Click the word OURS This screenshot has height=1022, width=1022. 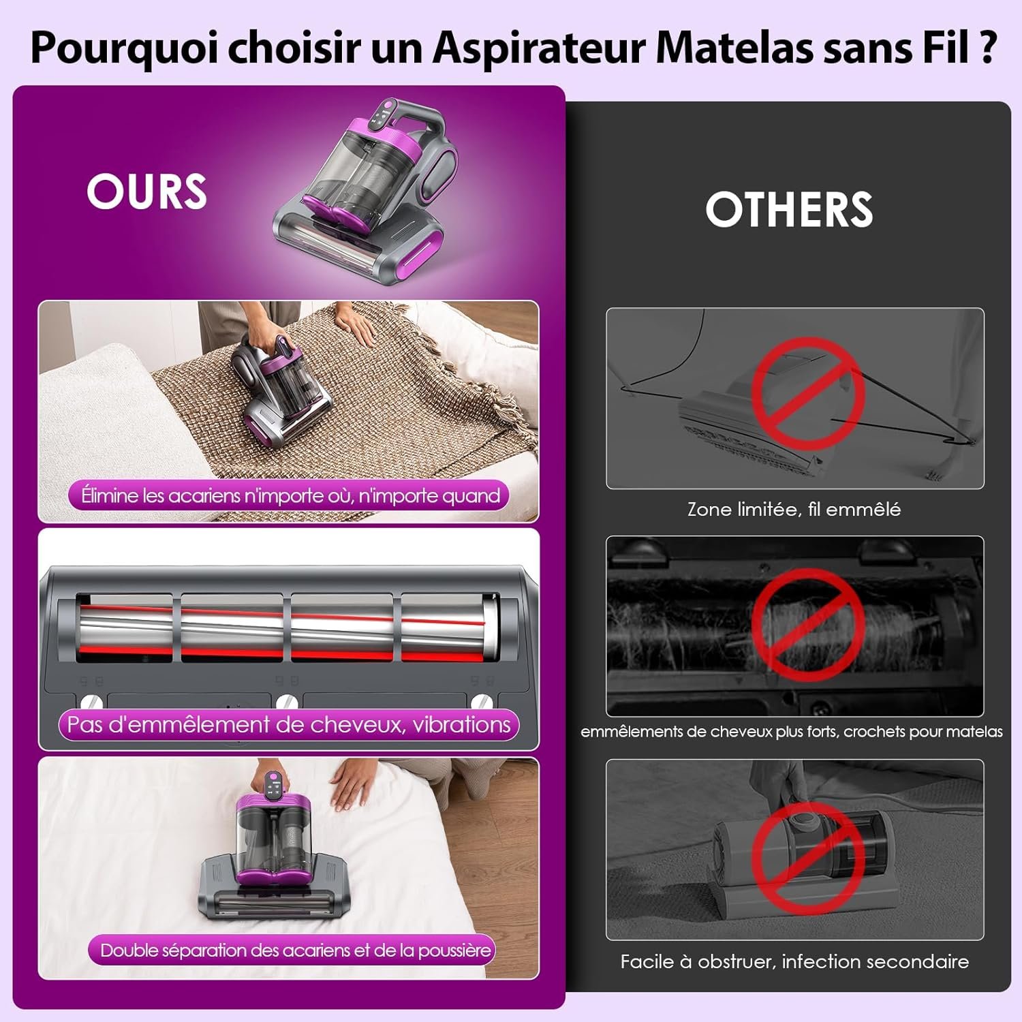146,191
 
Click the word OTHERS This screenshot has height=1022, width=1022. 789,209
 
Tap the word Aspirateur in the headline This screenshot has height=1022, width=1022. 539,48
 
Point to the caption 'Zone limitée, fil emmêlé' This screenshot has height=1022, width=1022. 794,509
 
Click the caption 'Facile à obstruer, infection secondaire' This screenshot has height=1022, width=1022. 794,961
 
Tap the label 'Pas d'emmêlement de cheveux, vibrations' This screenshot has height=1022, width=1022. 289,724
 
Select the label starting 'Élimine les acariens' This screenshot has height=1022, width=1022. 290,495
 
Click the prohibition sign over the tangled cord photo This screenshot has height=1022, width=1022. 808,394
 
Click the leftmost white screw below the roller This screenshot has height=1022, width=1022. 91,702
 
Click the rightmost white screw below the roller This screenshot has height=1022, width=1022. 482,702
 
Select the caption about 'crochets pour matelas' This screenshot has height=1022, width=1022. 791,732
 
